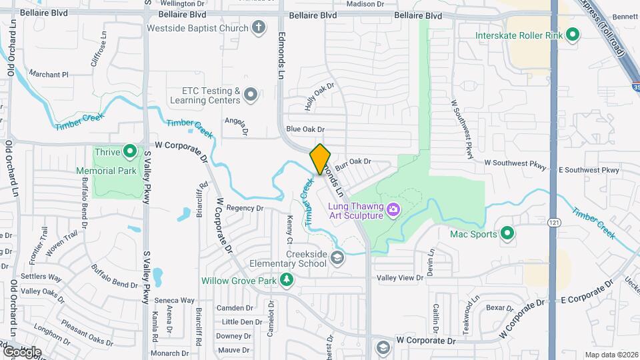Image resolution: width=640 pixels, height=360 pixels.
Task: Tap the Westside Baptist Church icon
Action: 259,28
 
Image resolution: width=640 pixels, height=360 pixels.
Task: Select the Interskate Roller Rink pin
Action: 573,35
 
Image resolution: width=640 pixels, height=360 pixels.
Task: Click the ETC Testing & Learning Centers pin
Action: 251,95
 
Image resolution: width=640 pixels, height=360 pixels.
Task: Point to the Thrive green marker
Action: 130,152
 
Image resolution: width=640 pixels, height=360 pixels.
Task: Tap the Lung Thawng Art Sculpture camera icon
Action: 393,210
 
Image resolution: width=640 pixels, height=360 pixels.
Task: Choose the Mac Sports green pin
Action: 507,234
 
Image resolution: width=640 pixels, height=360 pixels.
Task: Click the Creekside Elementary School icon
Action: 339,258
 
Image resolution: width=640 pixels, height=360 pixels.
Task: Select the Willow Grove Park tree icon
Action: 287,280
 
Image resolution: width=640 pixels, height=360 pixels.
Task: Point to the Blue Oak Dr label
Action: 305,129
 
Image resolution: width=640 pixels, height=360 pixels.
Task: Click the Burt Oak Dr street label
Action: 353,162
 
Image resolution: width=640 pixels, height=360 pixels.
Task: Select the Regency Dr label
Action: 245,208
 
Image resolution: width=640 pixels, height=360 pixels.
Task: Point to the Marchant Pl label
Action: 49,75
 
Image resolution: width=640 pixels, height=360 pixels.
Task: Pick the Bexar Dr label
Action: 499,308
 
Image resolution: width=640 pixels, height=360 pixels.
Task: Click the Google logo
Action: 23,352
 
